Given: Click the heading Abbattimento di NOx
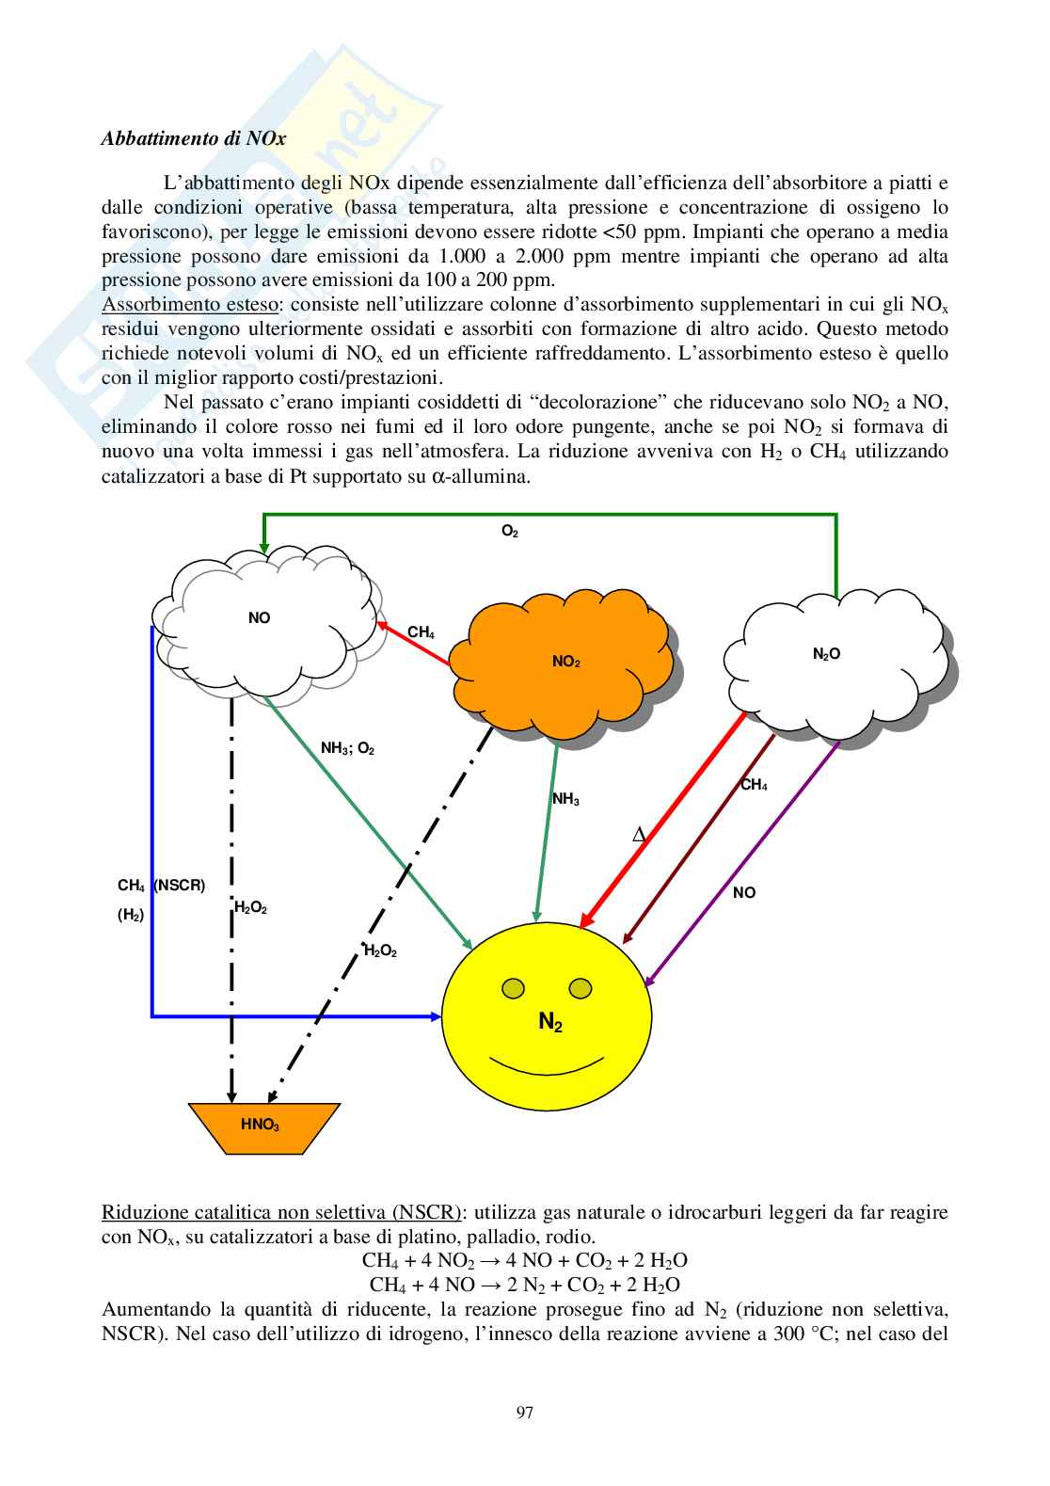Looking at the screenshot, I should click(193, 138).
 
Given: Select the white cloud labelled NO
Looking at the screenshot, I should click(260, 621).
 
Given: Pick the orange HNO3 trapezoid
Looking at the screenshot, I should click(262, 1126).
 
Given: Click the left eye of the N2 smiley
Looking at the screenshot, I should click(513, 988).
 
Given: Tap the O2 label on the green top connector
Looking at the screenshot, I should click(510, 532).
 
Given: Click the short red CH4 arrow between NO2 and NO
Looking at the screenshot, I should click(414, 645).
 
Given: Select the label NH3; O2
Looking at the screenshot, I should click(347, 749).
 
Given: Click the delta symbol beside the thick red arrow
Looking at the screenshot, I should click(639, 835).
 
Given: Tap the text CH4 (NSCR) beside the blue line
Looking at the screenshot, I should click(161, 886).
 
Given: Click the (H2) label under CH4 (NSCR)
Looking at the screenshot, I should click(131, 915).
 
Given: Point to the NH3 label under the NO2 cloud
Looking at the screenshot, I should click(565, 799).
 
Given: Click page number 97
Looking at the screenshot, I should click(525, 1412).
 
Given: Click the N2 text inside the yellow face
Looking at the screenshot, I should click(550, 1022).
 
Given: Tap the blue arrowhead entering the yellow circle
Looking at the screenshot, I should click(436, 1016).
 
